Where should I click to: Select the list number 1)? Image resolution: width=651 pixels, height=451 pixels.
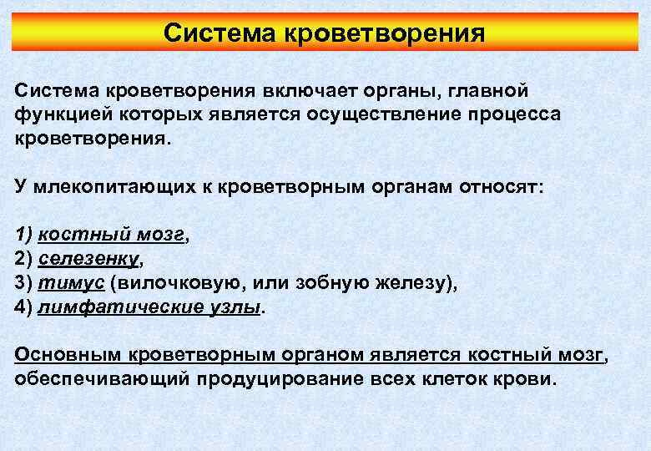tap(23, 235)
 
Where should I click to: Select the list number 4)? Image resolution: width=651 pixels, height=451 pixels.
tap(23, 307)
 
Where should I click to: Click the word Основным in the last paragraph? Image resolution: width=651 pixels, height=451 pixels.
tap(68, 355)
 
